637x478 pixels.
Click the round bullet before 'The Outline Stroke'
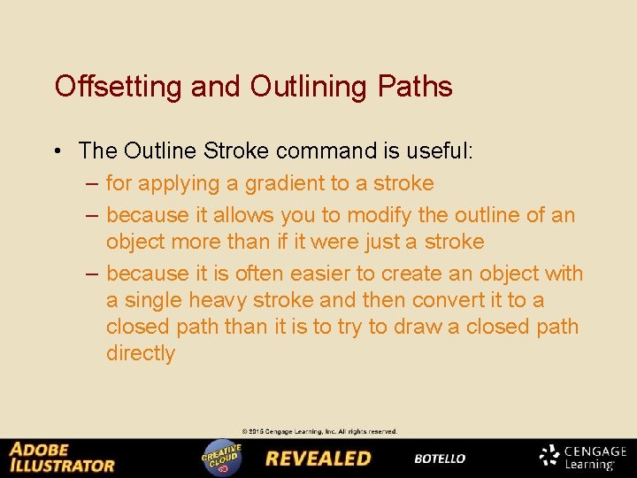tap(57, 151)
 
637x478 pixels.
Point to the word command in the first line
tap(330, 151)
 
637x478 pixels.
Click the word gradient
tap(283, 183)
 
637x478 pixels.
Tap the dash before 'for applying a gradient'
tap(93, 183)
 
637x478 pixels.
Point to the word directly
tap(141, 353)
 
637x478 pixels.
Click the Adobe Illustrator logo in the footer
tap(62, 458)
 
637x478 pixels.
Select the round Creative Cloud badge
tap(221, 458)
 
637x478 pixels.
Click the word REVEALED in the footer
tap(318, 459)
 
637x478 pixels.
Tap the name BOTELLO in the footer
tap(440, 459)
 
